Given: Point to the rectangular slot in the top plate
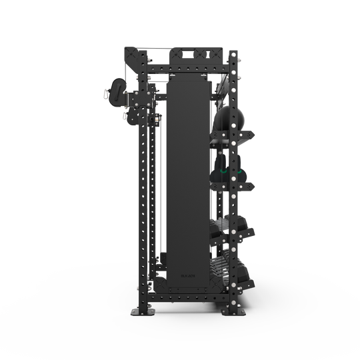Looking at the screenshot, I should (x=184, y=51).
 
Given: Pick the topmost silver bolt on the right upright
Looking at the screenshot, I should (x=234, y=53).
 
